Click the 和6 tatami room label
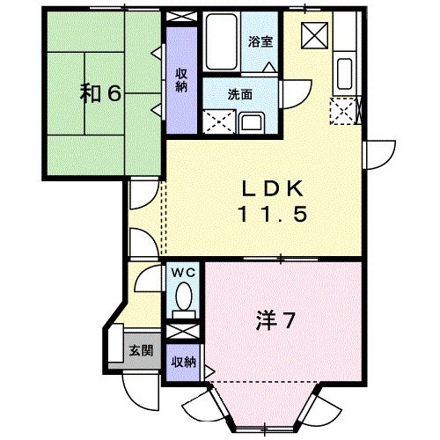[100, 94]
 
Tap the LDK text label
[273, 188]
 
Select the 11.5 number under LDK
[274, 214]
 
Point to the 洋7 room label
[275, 320]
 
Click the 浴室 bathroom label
[260, 41]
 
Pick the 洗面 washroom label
[240, 94]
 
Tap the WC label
[183, 273]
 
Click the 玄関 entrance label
[142, 350]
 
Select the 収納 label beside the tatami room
[181, 80]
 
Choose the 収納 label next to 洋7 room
[184, 363]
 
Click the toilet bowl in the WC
[184, 297]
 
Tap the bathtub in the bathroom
[222, 41]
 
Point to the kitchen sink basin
[344, 74]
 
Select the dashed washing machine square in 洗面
[219, 121]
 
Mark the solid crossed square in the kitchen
[314, 35]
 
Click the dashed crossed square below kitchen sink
[343, 112]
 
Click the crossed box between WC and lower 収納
[183, 332]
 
